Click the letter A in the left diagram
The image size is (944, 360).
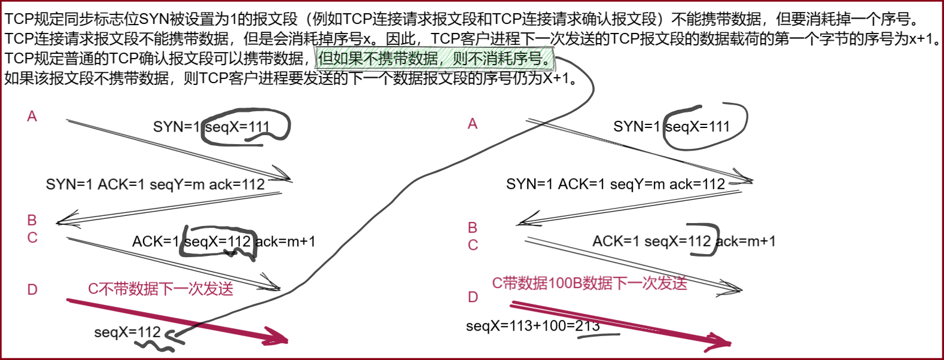click(x=32, y=116)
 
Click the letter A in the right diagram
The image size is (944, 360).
click(x=473, y=124)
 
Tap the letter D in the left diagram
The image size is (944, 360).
click(x=32, y=289)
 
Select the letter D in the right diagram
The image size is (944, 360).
click(x=473, y=297)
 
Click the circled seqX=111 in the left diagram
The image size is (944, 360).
click(x=237, y=127)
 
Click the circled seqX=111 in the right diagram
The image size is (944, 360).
click(x=698, y=127)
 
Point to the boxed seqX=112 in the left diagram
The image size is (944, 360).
click(x=218, y=242)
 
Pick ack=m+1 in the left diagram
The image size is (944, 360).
click(x=285, y=242)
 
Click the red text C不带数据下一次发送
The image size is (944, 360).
click(x=160, y=289)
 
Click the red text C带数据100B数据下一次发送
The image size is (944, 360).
click(x=589, y=283)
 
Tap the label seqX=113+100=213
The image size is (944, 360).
click(x=532, y=326)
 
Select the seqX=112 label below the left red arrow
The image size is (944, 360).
click(x=127, y=332)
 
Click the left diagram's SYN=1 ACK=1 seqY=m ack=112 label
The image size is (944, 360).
click(x=155, y=184)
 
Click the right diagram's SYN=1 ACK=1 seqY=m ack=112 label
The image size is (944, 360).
click(x=615, y=184)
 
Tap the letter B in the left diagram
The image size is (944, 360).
click(x=32, y=220)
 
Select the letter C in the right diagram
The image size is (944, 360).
click(x=473, y=245)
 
